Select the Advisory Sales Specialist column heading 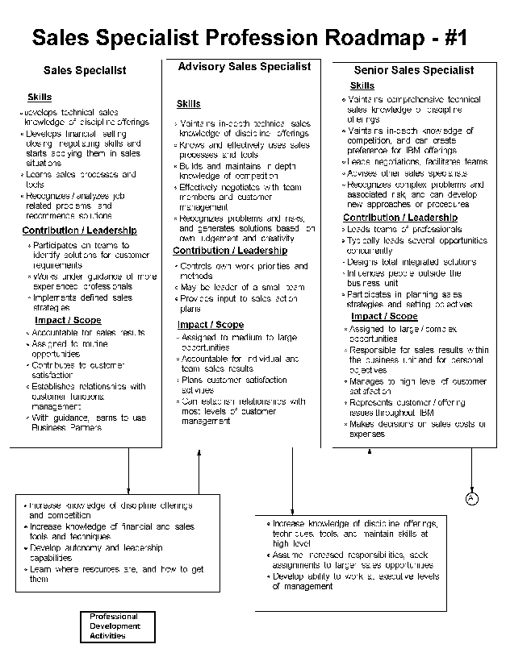click(x=244, y=66)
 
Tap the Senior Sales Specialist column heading click(x=414, y=70)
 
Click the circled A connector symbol click(x=472, y=499)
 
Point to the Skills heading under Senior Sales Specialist click(x=362, y=85)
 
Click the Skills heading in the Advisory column click(x=188, y=104)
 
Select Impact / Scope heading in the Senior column click(x=383, y=316)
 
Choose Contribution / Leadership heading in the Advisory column click(x=230, y=251)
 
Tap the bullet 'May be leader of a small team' click(x=242, y=287)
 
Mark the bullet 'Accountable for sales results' click(x=88, y=332)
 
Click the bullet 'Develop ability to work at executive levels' click(x=355, y=581)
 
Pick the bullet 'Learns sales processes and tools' click(x=80, y=179)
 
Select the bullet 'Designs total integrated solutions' click(x=412, y=262)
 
